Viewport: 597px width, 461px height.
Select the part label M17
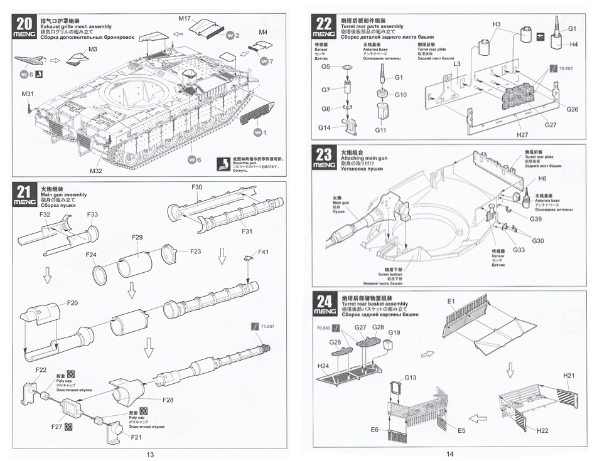pos(184,18)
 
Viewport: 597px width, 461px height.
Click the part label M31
pos(27,94)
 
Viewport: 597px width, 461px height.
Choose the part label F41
pos(264,252)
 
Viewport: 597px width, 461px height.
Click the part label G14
pos(325,129)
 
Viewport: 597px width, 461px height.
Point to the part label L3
pos(457,63)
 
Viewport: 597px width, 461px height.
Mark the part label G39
pos(535,219)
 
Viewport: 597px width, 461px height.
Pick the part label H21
pos(569,375)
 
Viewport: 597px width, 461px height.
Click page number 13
pos(149,454)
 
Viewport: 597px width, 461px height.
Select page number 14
pos(449,454)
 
